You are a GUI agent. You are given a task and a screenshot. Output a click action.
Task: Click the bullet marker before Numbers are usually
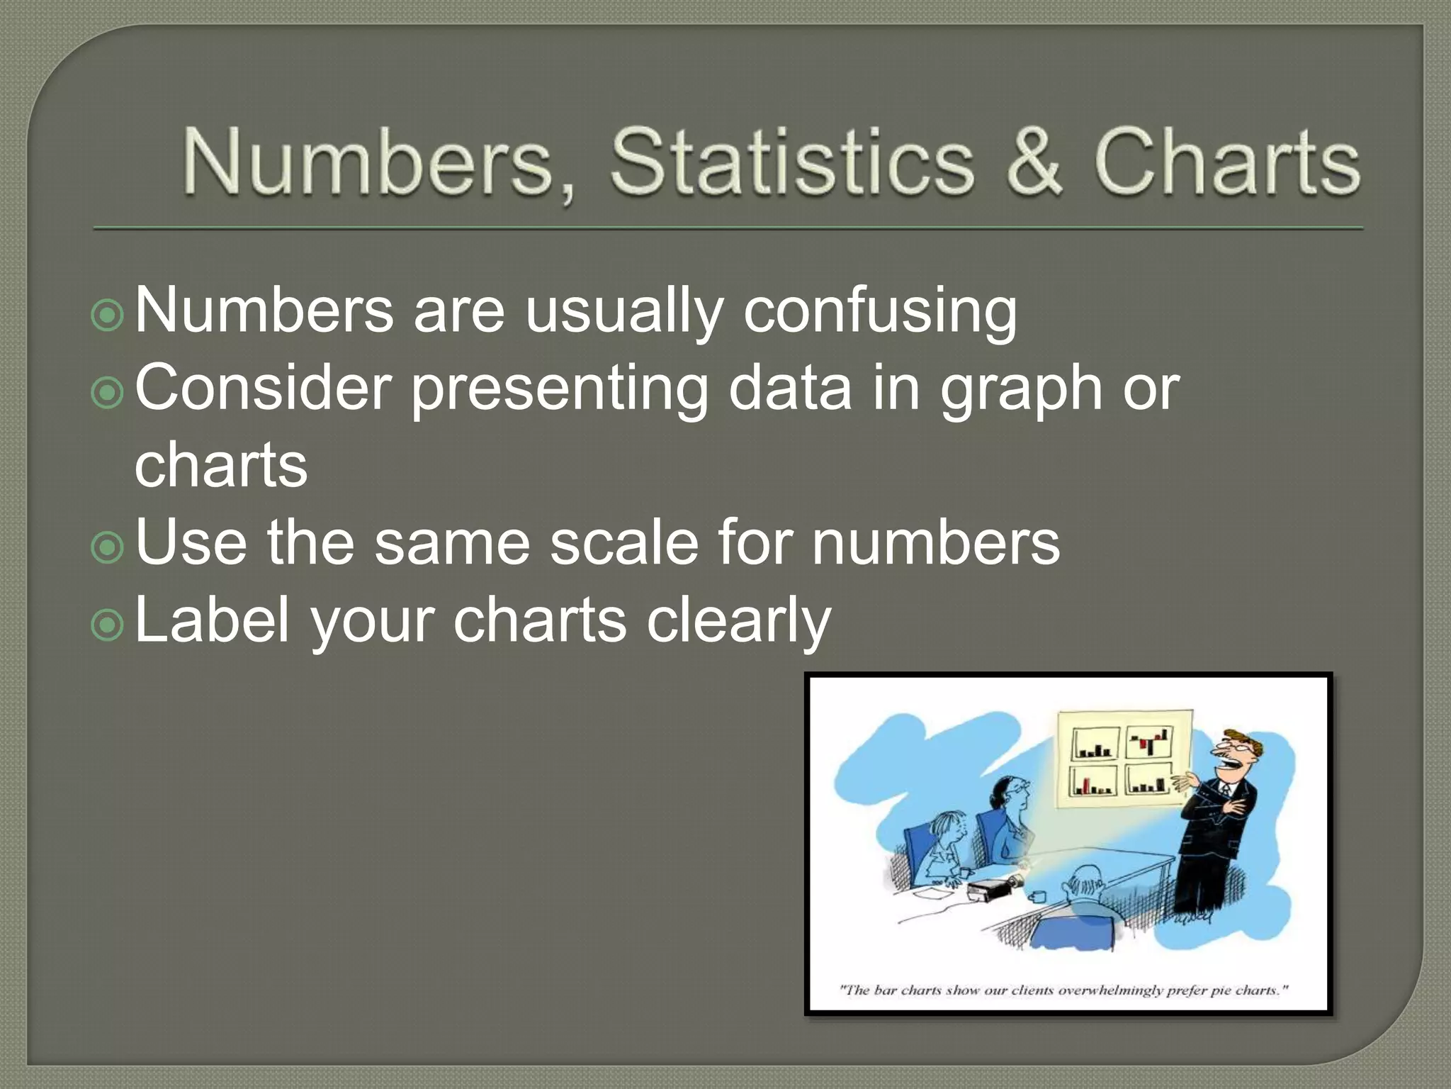pyautogui.click(x=108, y=315)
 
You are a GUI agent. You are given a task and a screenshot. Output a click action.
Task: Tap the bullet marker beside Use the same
pyautogui.click(x=108, y=547)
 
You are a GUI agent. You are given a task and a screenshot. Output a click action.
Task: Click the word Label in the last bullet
pyautogui.click(x=212, y=620)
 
